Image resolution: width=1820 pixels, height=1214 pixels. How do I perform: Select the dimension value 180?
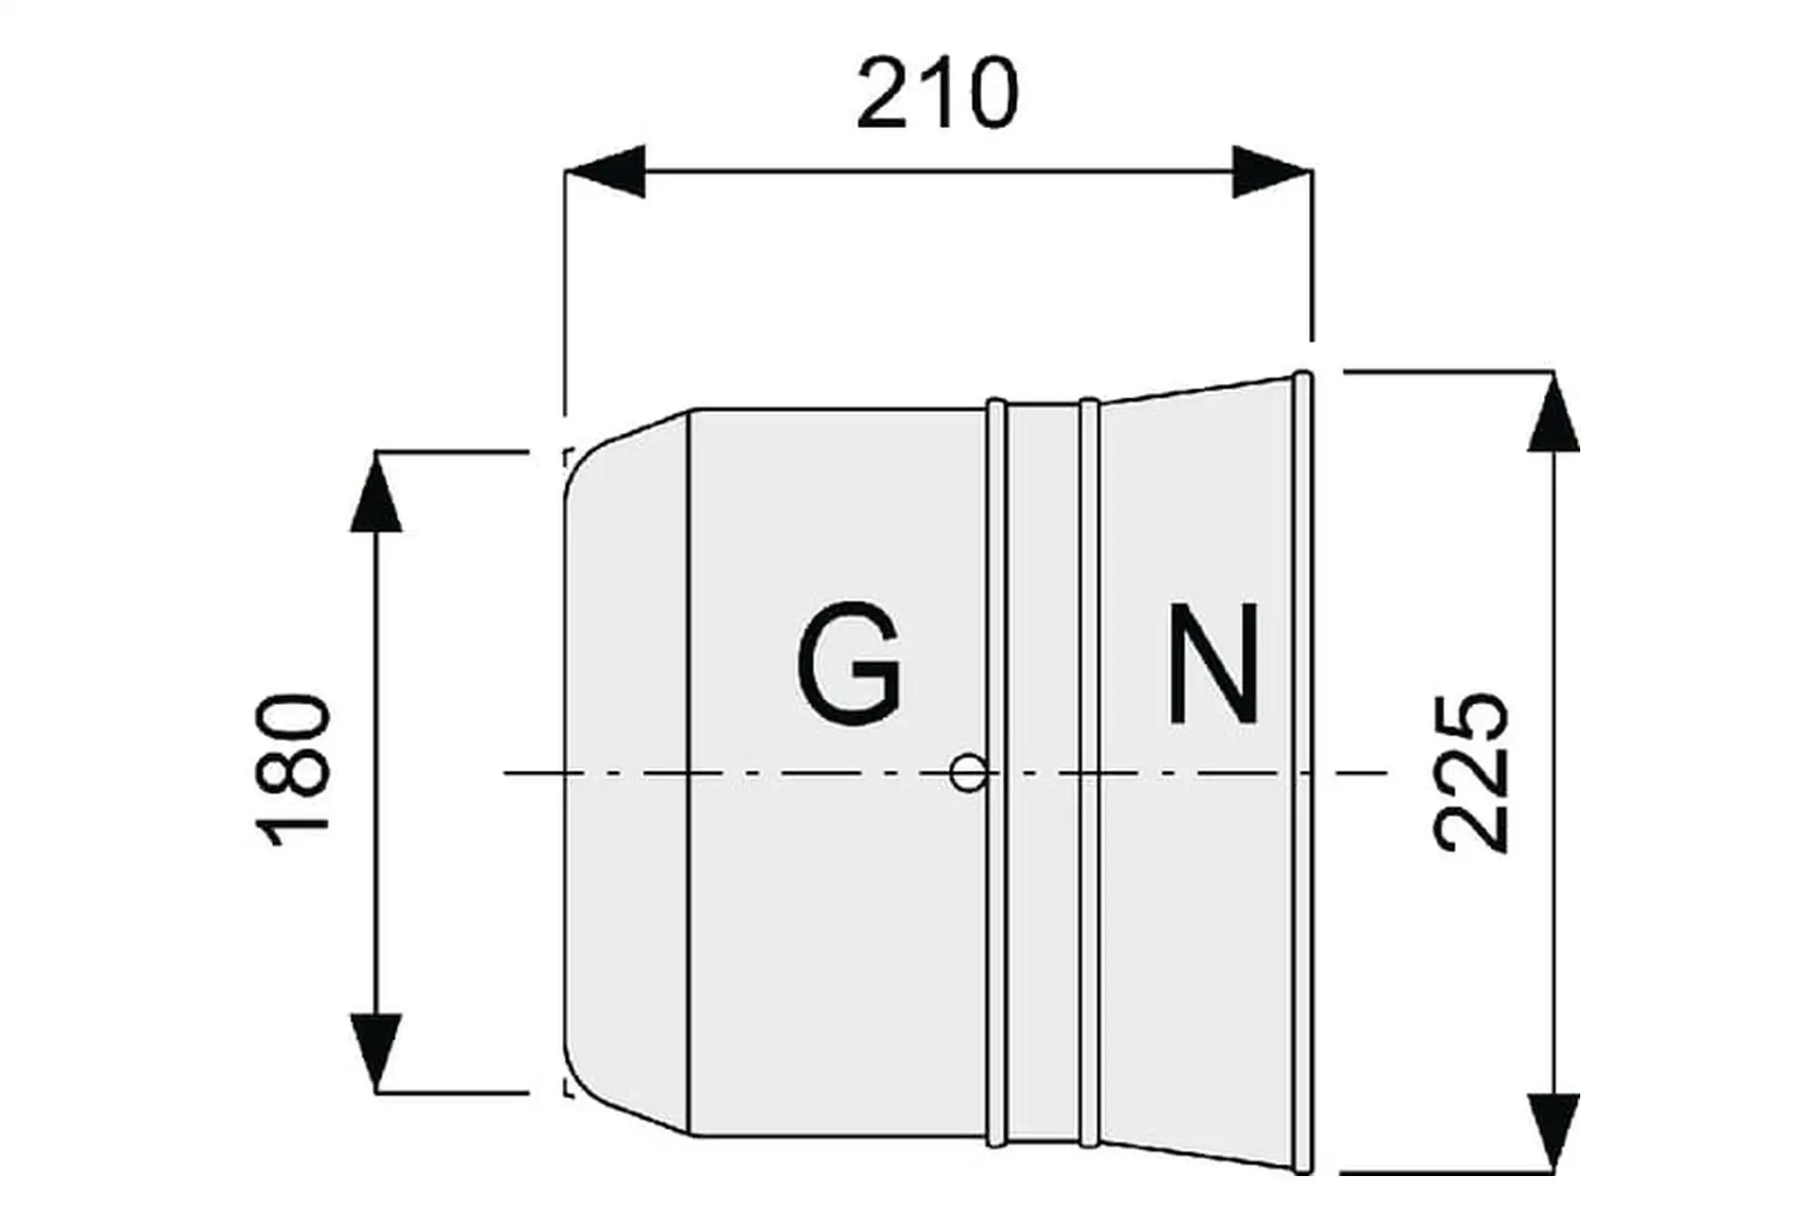pos(295,770)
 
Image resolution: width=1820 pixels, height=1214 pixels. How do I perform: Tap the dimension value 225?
pos(1471,772)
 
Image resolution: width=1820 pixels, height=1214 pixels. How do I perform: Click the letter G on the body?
pos(848,664)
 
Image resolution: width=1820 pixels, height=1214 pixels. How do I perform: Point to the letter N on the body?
pos(1213,664)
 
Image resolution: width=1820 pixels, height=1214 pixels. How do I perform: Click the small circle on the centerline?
pos(967,773)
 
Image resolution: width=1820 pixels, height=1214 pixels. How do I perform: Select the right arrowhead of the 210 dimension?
pos(1271,172)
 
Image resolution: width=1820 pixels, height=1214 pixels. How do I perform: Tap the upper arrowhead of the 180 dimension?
pos(376,493)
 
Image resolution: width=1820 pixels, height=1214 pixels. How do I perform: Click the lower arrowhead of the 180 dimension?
pos(376,1053)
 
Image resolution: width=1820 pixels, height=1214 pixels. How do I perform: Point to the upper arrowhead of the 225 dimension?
pos(1554,413)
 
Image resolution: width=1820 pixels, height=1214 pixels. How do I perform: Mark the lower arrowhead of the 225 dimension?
pos(1554,1133)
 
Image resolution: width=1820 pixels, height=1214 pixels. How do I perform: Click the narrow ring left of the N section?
pos(1089,773)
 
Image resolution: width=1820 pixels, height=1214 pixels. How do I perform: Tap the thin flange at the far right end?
pos(1303,773)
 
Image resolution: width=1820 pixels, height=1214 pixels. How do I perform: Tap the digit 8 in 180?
pos(295,770)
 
